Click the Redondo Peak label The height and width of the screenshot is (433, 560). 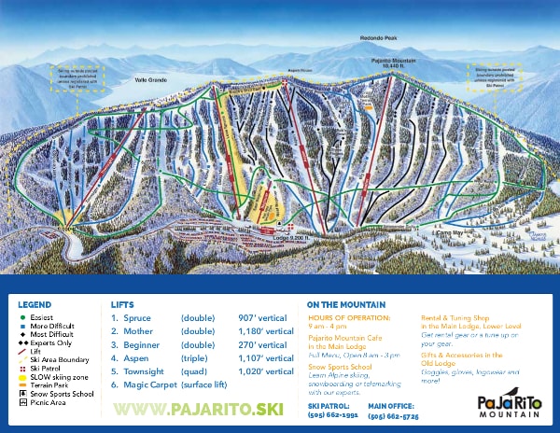pos(378,39)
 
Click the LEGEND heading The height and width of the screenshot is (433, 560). pos(35,304)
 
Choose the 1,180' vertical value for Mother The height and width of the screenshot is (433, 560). pos(266,331)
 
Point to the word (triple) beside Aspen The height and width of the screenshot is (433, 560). pos(193,357)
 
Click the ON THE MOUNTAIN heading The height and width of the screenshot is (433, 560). pos(344,304)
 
